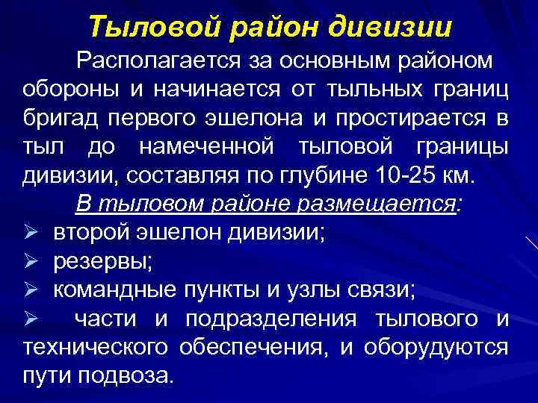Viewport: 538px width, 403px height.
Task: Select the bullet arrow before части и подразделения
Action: tap(32, 319)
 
